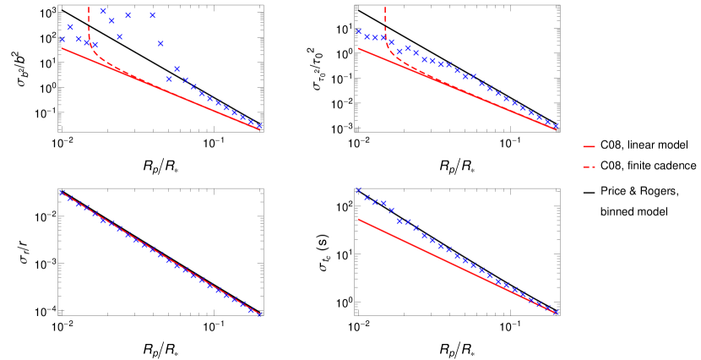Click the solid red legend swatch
pyautogui.click(x=589, y=146)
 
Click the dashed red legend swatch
pyautogui.click(x=589, y=166)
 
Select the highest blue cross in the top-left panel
pyautogui.click(x=103, y=11)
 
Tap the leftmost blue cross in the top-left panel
pyautogui.click(x=62, y=40)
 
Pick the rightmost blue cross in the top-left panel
pyautogui.click(x=259, y=126)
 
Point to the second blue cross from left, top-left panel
pyautogui.click(x=70, y=27)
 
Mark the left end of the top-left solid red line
pyautogui.click(x=62, y=48)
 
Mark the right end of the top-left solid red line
pyautogui.click(x=259, y=129)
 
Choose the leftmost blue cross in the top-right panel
pyautogui.click(x=358, y=32)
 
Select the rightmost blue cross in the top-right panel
pyautogui.click(x=556, y=126)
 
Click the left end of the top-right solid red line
pyautogui.click(x=358, y=48)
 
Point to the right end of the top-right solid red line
pyautogui.click(x=556, y=129)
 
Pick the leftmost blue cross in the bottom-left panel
pyautogui.click(x=62, y=192)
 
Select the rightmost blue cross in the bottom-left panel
pyautogui.click(x=259, y=314)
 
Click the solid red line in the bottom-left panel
pyautogui.click(x=160, y=253)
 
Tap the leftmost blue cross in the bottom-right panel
pyautogui.click(x=358, y=190)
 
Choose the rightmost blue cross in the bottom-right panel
pyautogui.click(x=556, y=313)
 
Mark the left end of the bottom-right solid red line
pyautogui.click(x=358, y=219)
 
